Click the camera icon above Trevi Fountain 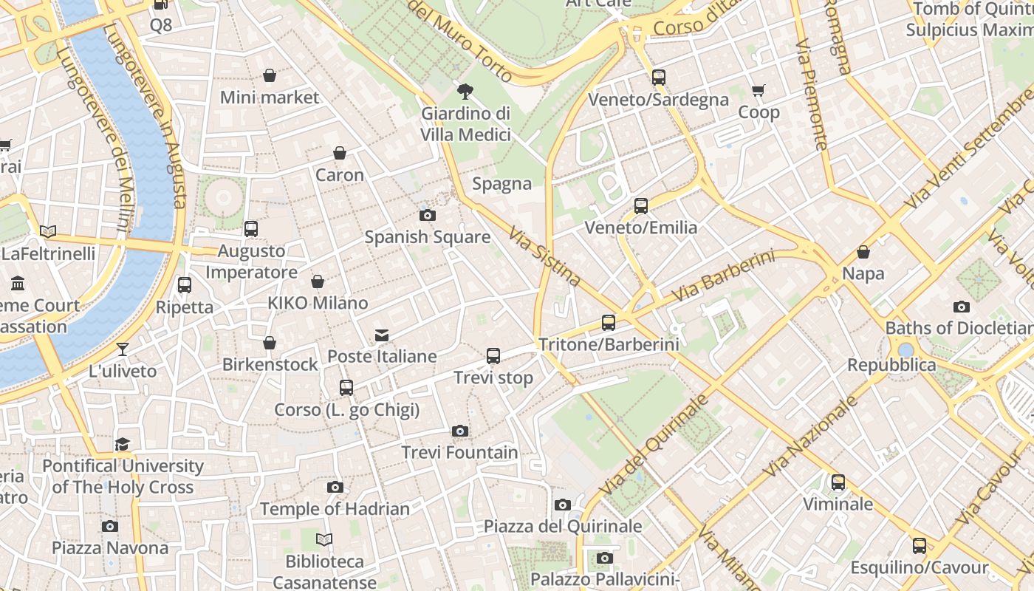pyautogui.click(x=459, y=431)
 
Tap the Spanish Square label pyautogui.click(x=427, y=237)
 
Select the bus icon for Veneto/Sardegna pyautogui.click(x=658, y=77)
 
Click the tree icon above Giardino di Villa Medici pyautogui.click(x=465, y=92)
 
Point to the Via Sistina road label pyautogui.click(x=544, y=256)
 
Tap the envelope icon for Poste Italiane pyautogui.click(x=382, y=335)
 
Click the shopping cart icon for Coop pyautogui.click(x=759, y=91)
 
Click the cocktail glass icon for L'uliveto pyautogui.click(x=123, y=349)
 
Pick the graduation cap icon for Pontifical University pyautogui.click(x=122, y=444)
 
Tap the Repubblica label pyautogui.click(x=891, y=365)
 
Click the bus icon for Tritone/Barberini pyautogui.click(x=608, y=323)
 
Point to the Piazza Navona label pyautogui.click(x=110, y=547)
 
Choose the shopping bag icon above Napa pyautogui.click(x=863, y=252)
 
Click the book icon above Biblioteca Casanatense pyautogui.click(x=324, y=539)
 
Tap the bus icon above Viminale pyautogui.click(x=838, y=482)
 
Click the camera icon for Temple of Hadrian pyautogui.click(x=335, y=488)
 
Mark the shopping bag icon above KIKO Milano pyautogui.click(x=318, y=281)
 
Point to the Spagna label pyautogui.click(x=501, y=184)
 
